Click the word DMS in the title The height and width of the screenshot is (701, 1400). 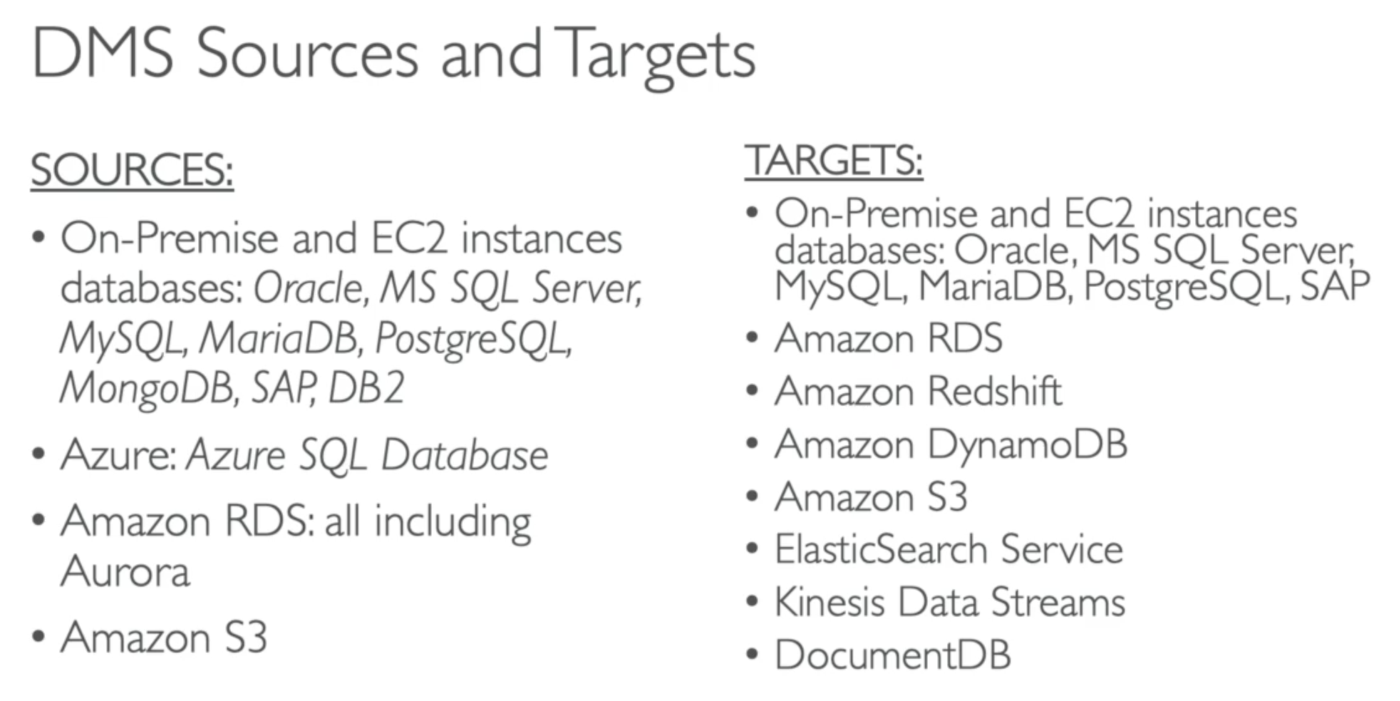point(102,55)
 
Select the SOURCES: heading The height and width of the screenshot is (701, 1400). point(132,170)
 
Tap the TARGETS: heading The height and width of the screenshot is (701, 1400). point(833,161)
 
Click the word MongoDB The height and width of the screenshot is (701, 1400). point(146,388)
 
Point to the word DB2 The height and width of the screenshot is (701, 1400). point(366,388)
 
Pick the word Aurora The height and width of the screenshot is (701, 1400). point(125,571)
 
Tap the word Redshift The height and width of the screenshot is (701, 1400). point(995,391)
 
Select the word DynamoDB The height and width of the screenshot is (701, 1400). point(1027,445)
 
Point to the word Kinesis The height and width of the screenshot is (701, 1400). point(829,602)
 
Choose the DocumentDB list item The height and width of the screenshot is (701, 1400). point(892,655)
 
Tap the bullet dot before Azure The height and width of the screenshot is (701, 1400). point(38,454)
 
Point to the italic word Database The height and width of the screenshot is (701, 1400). point(464,455)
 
